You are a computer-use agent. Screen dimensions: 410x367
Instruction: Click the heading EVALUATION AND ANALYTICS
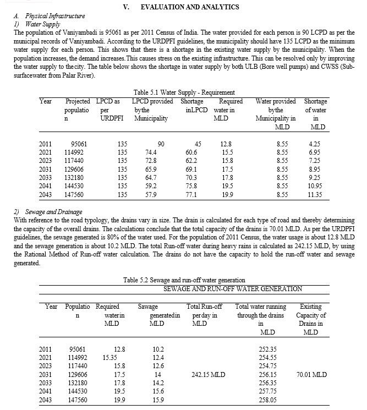pos(182,7)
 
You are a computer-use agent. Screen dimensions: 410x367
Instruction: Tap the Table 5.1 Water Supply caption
pos(184,92)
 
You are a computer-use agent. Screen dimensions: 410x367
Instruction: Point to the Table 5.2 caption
pos(184,280)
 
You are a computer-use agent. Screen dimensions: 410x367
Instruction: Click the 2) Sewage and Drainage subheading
pos(45,211)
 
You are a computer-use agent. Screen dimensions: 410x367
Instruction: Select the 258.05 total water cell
pos(267,400)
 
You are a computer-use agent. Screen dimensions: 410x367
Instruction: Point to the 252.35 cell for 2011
pos(267,349)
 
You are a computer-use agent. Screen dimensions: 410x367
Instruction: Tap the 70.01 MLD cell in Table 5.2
pos(311,374)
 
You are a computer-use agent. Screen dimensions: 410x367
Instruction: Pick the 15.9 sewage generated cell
pos(158,400)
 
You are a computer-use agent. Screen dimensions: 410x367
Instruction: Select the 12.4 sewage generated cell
pos(158,357)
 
